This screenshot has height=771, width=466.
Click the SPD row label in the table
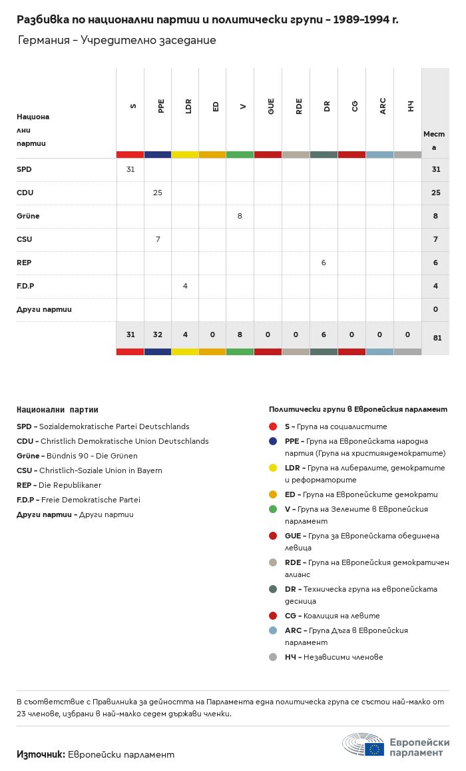[x=24, y=169]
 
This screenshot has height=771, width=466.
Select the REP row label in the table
[x=24, y=263]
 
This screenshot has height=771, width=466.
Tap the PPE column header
[x=160, y=106]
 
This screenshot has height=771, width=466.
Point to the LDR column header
[x=188, y=106]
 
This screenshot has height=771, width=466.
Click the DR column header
[x=327, y=106]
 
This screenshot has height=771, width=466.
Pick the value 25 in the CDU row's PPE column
[x=158, y=193]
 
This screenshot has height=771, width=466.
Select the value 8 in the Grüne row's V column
[x=240, y=216]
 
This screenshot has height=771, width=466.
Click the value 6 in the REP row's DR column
[x=324, y=263]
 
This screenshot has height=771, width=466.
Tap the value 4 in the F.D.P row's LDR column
[x=185, y=286]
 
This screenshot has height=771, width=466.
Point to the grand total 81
[x=437, y=338]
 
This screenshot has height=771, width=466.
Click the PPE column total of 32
[x=158, y=335]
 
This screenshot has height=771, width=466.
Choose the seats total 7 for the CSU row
[x=435, y=239]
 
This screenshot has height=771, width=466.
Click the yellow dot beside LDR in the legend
[x=273, y=468]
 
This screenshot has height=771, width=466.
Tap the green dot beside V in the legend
[x=273, y=509]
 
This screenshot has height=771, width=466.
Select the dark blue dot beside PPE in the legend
[x=273, y=441]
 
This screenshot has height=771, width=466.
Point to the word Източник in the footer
[x=41, y=754]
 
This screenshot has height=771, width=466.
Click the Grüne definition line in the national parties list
[x=77, y=456]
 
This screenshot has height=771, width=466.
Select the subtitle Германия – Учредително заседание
[x=116, y=40]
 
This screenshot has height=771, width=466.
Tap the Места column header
[x=434, y=140]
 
